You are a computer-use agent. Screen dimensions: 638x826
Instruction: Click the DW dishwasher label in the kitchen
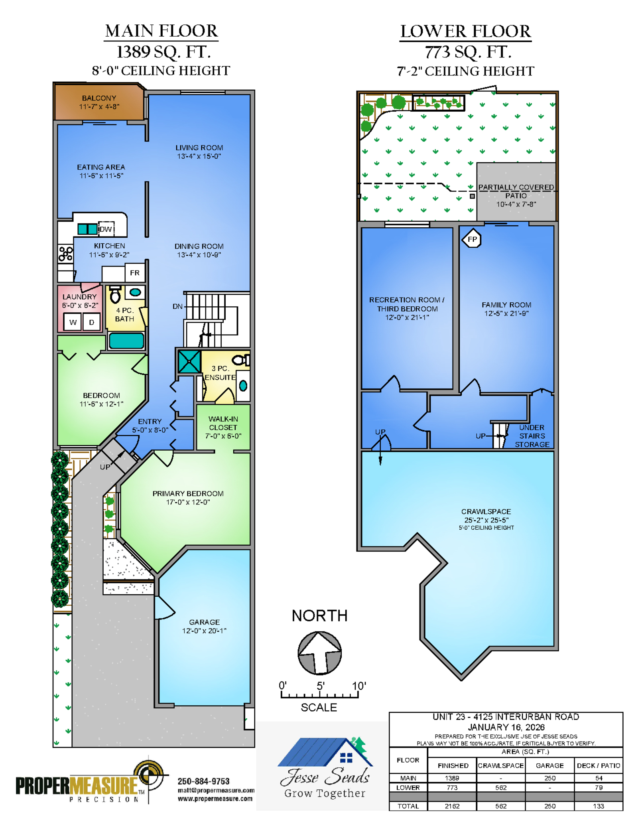pos(106,229)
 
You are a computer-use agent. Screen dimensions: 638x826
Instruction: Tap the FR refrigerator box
pos(135,273)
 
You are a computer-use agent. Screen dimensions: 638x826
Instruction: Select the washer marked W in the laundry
pos(73,322)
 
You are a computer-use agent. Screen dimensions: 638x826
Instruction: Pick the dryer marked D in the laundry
pos(92,322)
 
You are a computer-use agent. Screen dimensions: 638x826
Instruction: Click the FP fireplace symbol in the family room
pos(472,239)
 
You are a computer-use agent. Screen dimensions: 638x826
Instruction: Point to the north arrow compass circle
pos(320,653)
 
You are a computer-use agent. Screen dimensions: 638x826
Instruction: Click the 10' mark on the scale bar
pos(359,686)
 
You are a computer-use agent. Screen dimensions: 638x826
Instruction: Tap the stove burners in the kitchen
pos(66,254)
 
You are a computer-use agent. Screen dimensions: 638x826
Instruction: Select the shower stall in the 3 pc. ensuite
pos(189,361)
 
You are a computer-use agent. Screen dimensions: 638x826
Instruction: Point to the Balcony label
pos(99,98)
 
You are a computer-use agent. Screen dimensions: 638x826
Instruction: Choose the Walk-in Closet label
pos(223,423)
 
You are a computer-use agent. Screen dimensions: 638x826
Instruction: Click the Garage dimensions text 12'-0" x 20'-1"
pos(204,631)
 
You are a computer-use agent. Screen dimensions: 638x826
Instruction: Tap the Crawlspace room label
pos(486,511)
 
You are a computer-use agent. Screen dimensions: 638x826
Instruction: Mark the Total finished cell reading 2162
pos(452,806)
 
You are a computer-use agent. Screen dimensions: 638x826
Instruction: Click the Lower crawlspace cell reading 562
pos(501,788)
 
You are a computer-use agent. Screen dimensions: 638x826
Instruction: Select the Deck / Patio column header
pos(599,765)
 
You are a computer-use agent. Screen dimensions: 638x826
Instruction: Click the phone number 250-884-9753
pos(203,781)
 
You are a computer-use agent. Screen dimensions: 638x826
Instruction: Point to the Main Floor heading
pos(161,31)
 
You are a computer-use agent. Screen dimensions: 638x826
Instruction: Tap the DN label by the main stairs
pos(177,306)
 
